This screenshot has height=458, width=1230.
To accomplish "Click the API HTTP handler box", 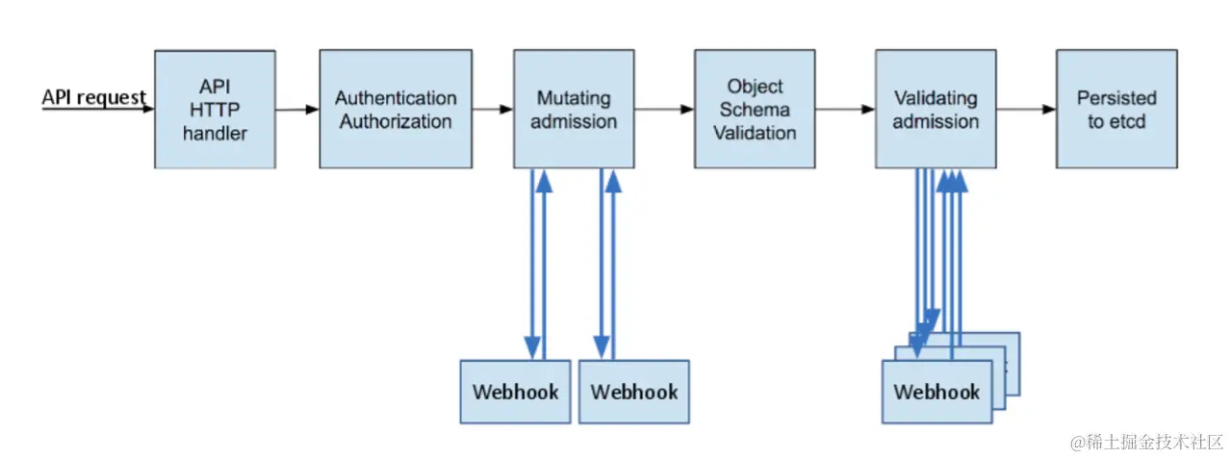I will click(x=215, y=110).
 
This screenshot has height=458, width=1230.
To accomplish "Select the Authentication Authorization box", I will click(x=396, y=110).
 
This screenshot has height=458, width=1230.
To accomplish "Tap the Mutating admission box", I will click(x=574, y=110).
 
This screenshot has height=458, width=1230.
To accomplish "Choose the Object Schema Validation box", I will click(x=755, y=110).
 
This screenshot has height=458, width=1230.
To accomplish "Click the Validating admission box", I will click(x=935, y=110).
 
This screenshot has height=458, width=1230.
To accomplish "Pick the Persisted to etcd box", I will click(x=1116, y=110).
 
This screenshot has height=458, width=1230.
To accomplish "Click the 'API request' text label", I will click(x=93, y=97).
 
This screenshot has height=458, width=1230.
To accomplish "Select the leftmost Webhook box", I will click(x=515, y=392).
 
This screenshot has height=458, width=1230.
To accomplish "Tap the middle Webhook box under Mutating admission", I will click(x=633, y=392).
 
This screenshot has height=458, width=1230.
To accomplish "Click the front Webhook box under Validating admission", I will click(x=936, y=392).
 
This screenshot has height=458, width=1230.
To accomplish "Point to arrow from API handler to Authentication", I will click(x=296, y=110).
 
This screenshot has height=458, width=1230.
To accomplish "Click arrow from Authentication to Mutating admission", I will click(x=492, y=110).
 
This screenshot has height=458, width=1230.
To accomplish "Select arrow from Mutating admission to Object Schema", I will click(x=664, y=110).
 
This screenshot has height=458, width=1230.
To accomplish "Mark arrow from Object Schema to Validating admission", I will click(x=844, y=110).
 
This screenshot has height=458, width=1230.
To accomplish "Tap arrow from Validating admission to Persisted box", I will click(x=1025, y=110).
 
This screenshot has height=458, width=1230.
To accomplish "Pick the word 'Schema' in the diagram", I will click(x=755, y=110).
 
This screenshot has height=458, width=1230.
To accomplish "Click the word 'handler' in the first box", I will click(x=215, y=134).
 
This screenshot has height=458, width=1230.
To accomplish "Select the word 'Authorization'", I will click(x=396, y=122).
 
